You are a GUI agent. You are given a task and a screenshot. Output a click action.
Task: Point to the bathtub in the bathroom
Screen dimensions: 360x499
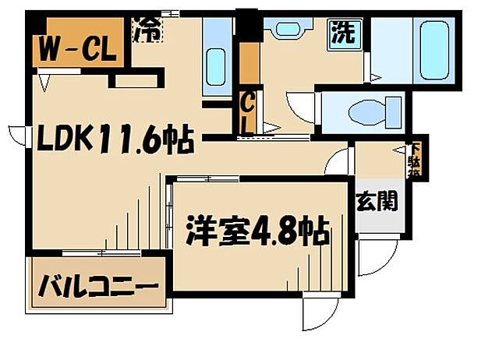point(434,48)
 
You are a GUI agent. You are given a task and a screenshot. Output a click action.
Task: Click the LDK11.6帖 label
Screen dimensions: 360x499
point(106,140)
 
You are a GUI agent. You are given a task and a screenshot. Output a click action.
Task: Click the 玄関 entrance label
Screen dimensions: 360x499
point(377,203)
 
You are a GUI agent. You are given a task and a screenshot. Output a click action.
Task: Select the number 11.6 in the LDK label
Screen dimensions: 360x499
point(138,140)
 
